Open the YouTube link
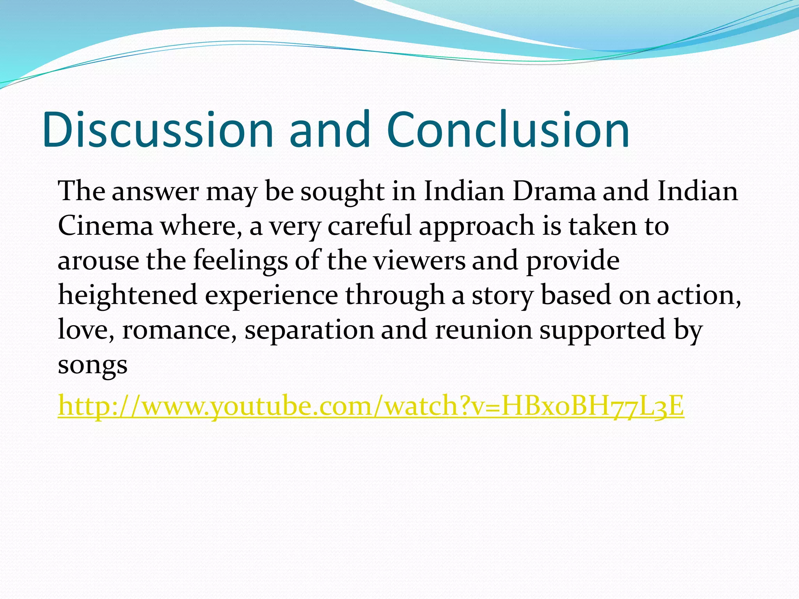coord(371,406)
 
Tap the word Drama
coord(554,191)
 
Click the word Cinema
coord(105,226)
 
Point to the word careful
coord(369,226)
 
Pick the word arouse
coord(98,261)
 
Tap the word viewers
coord(419,261)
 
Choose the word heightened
coord(128,296)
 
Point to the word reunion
coord(483,330)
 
